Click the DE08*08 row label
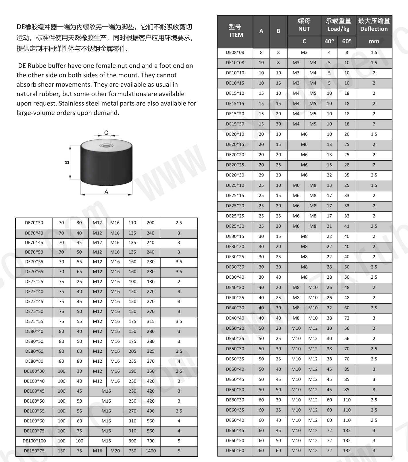235,53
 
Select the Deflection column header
374,29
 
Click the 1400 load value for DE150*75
151,451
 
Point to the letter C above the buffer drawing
106,133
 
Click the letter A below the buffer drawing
106,192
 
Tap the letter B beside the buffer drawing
67,162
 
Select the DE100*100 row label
34,441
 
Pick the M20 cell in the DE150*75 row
115,451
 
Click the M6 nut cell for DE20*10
304,134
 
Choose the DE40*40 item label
235,318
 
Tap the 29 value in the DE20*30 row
261,175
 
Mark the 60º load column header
347,41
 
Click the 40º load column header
329,41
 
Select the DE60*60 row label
235,451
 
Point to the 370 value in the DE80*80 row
151,361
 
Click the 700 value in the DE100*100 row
151,441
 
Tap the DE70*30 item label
34,223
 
